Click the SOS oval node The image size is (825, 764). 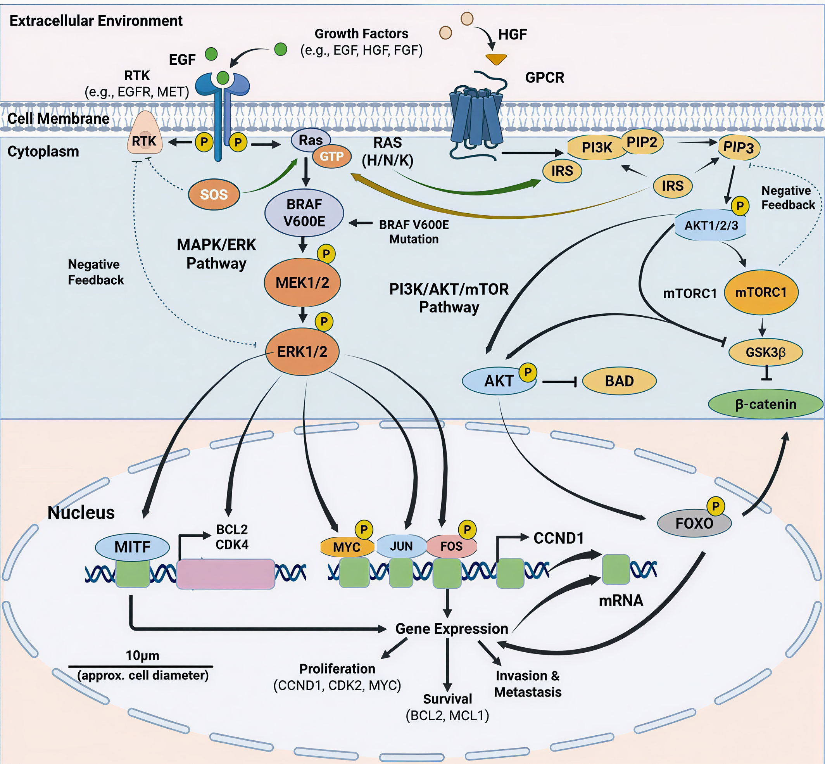click(214, 194)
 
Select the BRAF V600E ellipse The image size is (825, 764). click(304, 213)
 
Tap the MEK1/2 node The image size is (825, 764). click(302, 283)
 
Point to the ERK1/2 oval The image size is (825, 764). click(302, 352)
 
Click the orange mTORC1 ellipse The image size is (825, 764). click(761, 292)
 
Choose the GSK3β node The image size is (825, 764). click(765, 352)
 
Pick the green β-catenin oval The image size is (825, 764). click(765, 404)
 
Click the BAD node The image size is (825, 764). click(619, 381)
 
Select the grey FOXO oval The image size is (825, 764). click(694, 524)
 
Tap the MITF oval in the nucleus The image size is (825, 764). click(132, 547)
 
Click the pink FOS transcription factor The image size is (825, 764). click(451, 546)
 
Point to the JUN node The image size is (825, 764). click(401, 546)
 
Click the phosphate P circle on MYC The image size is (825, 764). click(364, 530)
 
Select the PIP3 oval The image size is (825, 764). click(739, 147)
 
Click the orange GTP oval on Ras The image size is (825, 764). click(331, 156)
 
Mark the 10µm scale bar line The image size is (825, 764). click(140, 666)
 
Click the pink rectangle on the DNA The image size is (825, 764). click(226, 574)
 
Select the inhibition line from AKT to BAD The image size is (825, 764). click(559, 382)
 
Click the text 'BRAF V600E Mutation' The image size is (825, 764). click(414, 232)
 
